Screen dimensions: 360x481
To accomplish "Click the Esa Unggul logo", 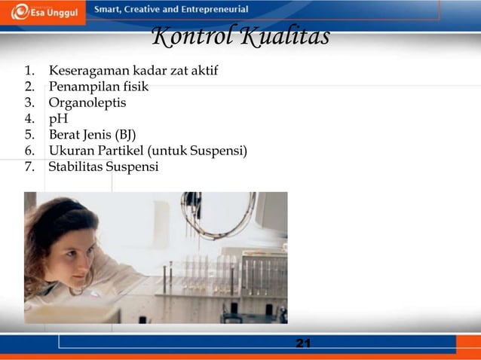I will (x=43, y=14).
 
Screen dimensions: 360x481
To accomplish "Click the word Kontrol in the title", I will (x=188, y=36).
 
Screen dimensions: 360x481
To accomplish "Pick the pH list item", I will (x=57, y=119).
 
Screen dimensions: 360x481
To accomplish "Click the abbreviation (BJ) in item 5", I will (x=124, y=135).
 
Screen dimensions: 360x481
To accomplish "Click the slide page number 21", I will (x=303, y=343).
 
